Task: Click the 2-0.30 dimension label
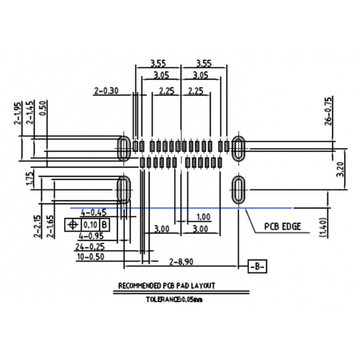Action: (x=106, y=90)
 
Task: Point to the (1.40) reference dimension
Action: (x=323, y=226)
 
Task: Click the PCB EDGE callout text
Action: (x=283, y=226)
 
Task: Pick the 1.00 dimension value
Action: (x=203, y=217)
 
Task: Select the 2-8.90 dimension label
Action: (x=182, y=262)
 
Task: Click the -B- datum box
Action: (x=258, y=267)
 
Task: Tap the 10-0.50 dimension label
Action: (x=90, y=256)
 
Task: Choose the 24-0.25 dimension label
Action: (x=90, y=246)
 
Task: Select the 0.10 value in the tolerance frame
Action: (x=90, y=225)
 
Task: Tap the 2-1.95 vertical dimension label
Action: (x=17, y=113)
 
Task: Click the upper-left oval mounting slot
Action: (x=124, y=148)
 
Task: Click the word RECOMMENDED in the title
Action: (x=139, y=286)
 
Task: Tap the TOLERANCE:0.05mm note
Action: (x=174, y=300)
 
